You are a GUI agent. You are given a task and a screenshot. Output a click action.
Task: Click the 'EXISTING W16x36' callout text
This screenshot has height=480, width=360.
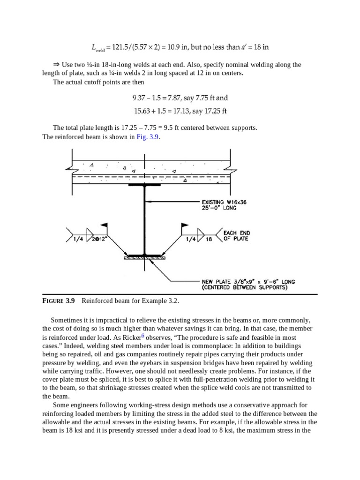tap(224, 202)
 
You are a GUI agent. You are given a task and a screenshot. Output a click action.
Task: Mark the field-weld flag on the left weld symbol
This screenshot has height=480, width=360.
tap(105, 225)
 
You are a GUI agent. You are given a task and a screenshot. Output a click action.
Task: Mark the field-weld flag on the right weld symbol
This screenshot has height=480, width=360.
tap(185, 225)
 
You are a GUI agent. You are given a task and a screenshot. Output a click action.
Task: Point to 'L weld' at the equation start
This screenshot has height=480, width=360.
tap(97, 48)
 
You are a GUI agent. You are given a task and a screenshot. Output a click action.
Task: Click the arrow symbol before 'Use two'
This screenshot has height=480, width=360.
tap(58, 65)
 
